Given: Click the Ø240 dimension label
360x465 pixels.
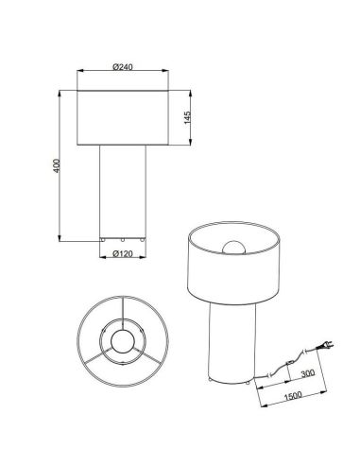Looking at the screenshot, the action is click(x=123, y=67).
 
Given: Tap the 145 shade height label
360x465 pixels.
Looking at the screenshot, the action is click(x=187, y=117).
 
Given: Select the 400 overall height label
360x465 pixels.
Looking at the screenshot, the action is click(x=56, y=165).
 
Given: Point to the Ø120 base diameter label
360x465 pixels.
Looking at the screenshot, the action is click(x=123, y=253).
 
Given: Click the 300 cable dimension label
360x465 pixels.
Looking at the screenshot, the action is click(x=307, y=373).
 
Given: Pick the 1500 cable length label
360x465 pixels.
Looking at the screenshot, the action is click(x=293, y=396).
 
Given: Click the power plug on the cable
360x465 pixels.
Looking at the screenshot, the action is click(x=325, y=346).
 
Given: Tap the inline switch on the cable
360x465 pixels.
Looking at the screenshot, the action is click(x=291, y=363).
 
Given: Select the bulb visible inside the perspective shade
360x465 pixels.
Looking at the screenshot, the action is click(x=233, y=248).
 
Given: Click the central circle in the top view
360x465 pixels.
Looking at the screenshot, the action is click(x=123, y=341).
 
